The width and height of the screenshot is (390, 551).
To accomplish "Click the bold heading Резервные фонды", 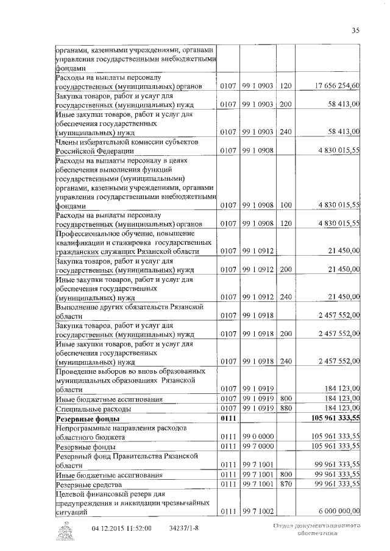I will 88,419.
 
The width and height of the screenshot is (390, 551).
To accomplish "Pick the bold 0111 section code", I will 227,419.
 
